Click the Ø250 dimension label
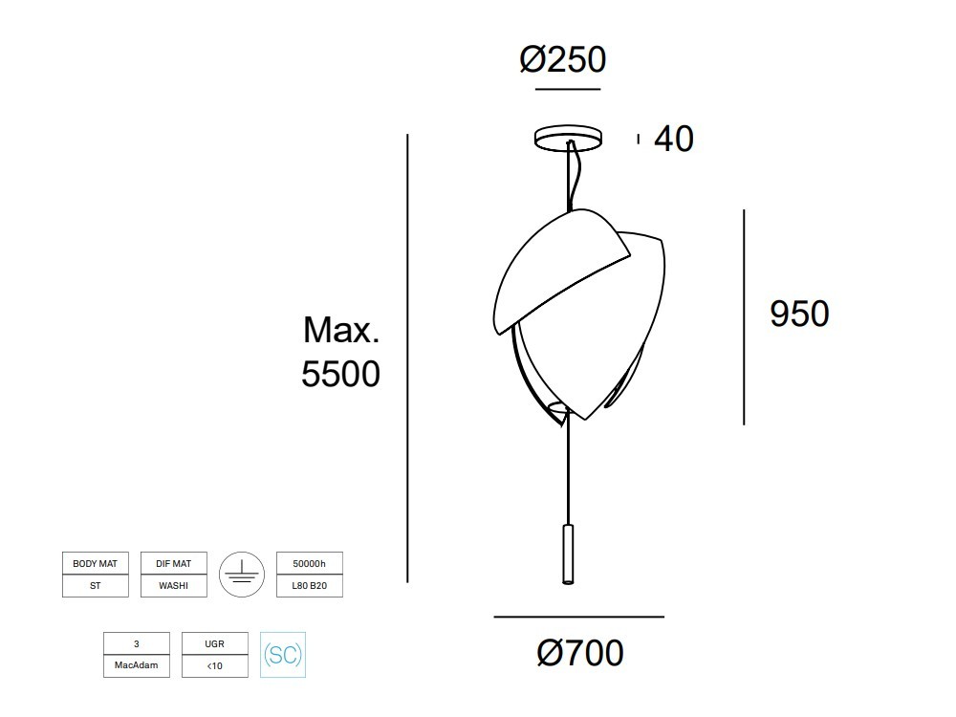(563, 59)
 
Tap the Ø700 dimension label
(580, 653)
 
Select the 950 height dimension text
(799, 314)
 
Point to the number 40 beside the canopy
(674, 139)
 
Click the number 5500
(341, 374)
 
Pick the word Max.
(341, 330)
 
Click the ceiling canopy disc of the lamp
(568, 137)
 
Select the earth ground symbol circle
(242, 575)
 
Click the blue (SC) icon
(283, 655)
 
